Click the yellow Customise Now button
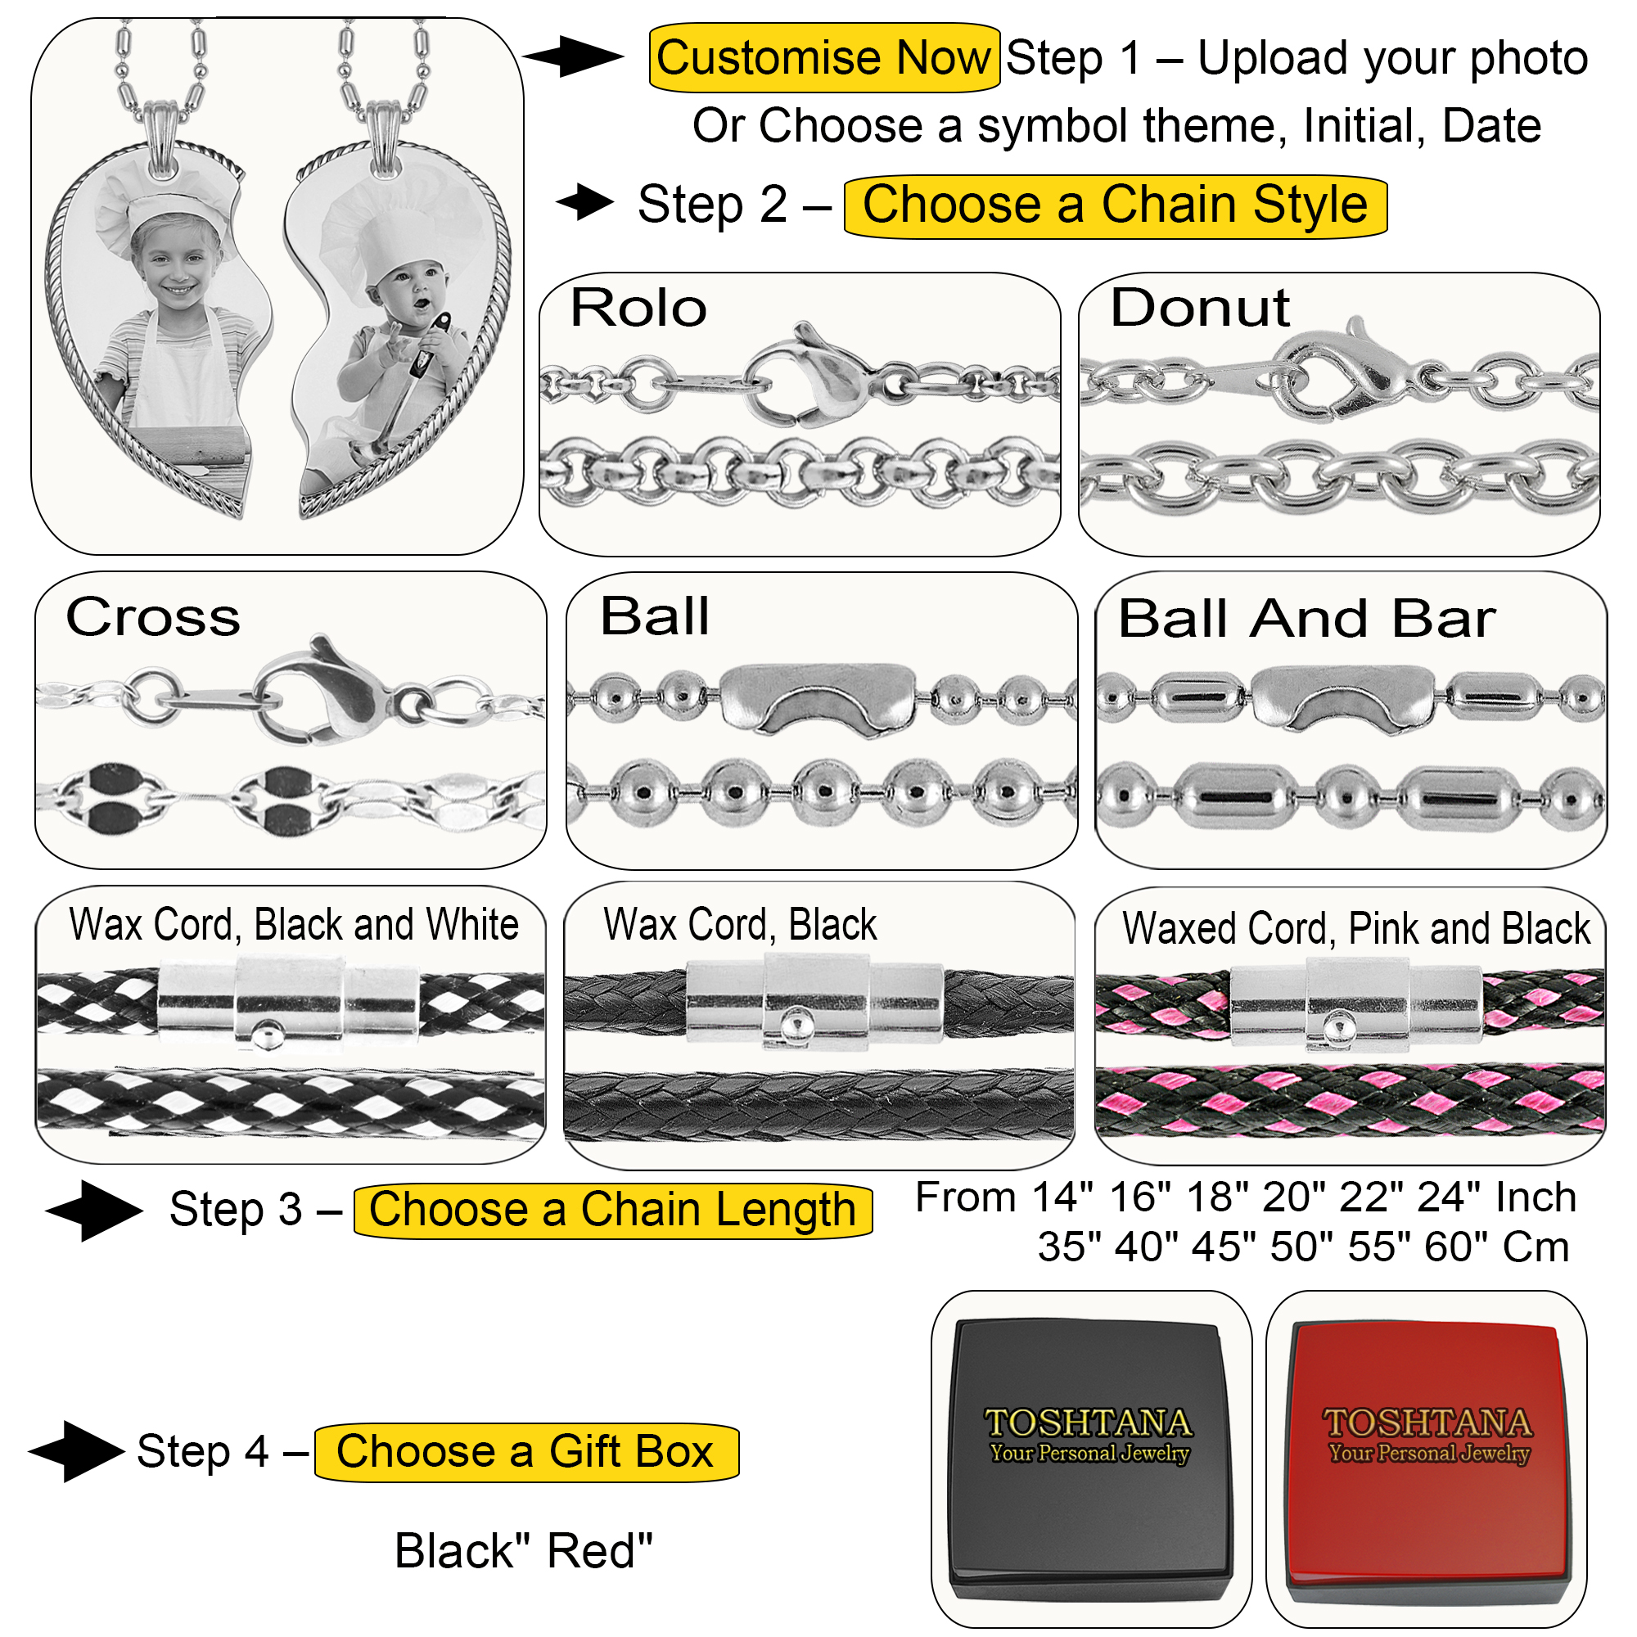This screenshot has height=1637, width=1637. click(823, 57)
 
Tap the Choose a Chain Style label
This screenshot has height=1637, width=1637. click(1115, 206)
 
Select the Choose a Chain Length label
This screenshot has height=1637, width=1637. click(612, 1210)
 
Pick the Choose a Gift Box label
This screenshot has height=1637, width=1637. click(526, 1451)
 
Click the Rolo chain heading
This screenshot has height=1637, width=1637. click(639, 308)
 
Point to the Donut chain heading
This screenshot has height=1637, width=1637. click(1200, 307)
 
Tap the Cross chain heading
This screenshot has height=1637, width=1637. click(153, 617)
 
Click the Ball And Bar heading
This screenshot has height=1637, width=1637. click(1306, 619)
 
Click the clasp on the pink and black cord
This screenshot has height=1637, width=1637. click(1355, 1003)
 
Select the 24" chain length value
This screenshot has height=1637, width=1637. click(1453, 1197)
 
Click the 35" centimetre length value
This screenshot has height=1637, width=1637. click(1069, 1247)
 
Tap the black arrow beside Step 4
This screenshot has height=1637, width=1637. click(77, 1451)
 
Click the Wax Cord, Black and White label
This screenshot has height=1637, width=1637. click(293, 924)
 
